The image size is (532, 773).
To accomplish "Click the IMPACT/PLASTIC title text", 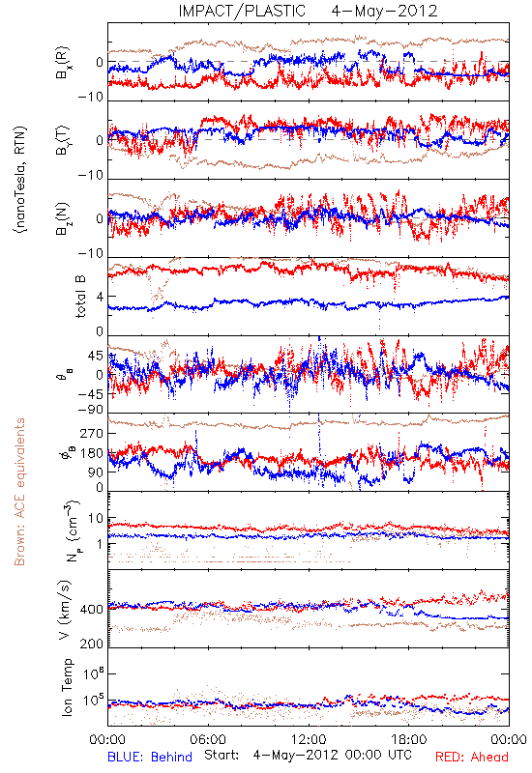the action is coord(242,11).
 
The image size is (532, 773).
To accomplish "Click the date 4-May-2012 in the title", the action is coord(384,11).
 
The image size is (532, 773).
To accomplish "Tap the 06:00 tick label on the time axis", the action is coord(208,739).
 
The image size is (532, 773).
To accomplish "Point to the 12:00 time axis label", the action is coord(309,739).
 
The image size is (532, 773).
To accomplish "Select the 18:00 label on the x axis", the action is coord(409,739).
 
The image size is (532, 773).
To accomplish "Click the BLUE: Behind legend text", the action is coord(150,757).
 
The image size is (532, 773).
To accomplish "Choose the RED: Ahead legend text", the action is coord(472,757).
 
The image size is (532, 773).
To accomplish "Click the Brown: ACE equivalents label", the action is coord(19,492).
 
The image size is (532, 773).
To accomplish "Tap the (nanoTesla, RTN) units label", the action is coord(20,179).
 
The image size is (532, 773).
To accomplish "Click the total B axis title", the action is coord(81,296).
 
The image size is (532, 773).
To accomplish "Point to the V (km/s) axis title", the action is coord(65,610).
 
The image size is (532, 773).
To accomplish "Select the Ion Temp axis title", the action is coord(67,686).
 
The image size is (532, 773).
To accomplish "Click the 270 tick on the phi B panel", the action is coord(93,433).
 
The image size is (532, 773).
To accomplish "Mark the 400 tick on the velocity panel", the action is coord(92,610).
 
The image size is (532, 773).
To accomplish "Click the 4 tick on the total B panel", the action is coord(101,297).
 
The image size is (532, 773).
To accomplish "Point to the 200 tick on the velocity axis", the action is coord(92,644).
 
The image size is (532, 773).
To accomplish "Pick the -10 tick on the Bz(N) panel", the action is coord(90,253).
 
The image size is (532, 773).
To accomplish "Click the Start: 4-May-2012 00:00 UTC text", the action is coord(308,755).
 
